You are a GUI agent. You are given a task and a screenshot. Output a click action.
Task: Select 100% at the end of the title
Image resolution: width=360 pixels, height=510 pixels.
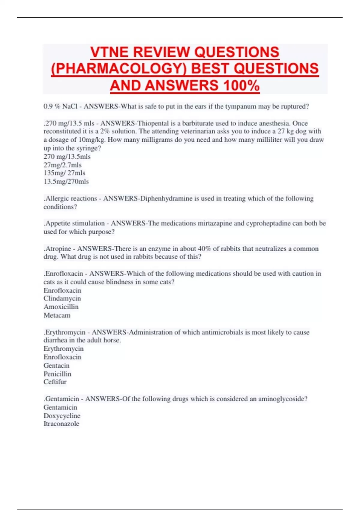point(241,85)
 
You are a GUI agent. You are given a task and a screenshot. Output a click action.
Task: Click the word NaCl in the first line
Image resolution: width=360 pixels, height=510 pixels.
point(70,106)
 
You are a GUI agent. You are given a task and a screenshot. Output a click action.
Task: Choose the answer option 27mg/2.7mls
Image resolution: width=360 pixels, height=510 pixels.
point(62,165)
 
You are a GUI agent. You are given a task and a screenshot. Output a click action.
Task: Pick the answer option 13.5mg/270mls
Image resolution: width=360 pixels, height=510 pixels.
point(66,181)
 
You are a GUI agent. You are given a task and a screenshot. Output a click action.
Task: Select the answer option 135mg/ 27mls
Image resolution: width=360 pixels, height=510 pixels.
point(64,173)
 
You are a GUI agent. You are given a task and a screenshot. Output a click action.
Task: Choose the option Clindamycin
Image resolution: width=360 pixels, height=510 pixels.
point(62,298)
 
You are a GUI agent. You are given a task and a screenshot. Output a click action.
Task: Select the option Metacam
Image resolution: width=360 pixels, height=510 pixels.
point(57,315)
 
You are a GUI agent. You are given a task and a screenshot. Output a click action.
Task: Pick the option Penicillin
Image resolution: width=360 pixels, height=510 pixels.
point(57,374)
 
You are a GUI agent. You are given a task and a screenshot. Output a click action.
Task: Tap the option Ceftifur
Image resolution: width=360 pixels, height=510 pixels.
point(55,382)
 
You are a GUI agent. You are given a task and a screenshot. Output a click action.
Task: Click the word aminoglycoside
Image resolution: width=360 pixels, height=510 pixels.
point(283,399)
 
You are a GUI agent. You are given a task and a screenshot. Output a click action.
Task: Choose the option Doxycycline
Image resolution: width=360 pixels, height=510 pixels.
point(62,416)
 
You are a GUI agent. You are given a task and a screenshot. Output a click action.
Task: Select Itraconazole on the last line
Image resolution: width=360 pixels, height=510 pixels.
point(61,424)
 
